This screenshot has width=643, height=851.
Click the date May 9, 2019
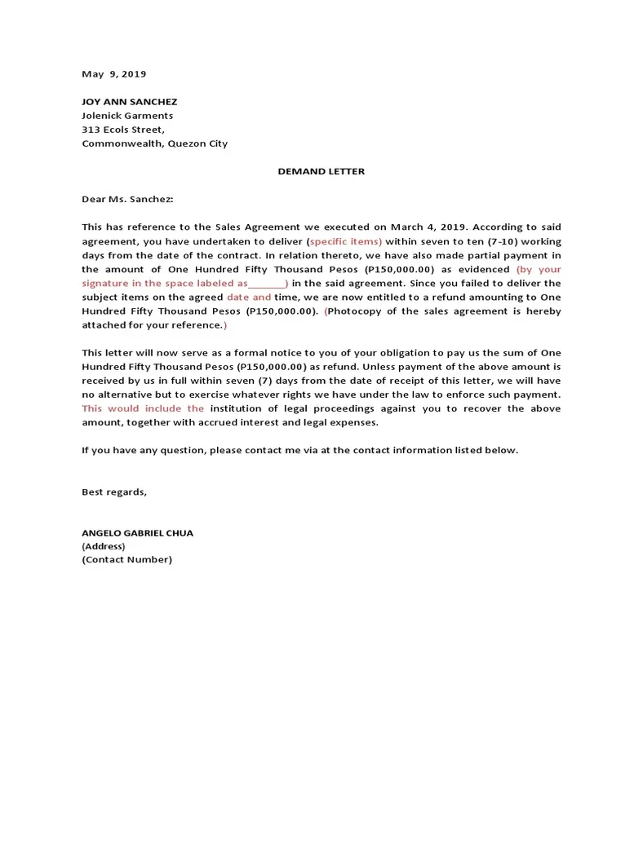(x=113, y=74)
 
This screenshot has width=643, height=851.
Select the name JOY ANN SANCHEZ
(x=129, y=102)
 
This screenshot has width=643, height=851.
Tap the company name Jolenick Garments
(x=126, y=116)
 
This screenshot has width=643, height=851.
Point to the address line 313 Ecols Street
(x=122, y=130)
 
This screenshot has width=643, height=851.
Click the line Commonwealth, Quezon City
(x=154, y=143)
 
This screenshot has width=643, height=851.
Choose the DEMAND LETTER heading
(x=321, y=171)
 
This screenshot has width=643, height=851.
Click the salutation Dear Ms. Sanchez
(x=127, y=199)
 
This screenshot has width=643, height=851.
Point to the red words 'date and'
(x=248, y=298)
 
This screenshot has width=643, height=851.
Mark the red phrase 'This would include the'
(x=143, y=408)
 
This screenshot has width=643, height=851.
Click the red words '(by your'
(x=538, y=269)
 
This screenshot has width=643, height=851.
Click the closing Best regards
(x=114, y=492)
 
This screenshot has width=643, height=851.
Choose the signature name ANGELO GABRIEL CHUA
(x=137, y=533)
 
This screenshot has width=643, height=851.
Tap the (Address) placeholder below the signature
(x=103, y=546)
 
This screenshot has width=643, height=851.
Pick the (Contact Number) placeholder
(x=126, y=560)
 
